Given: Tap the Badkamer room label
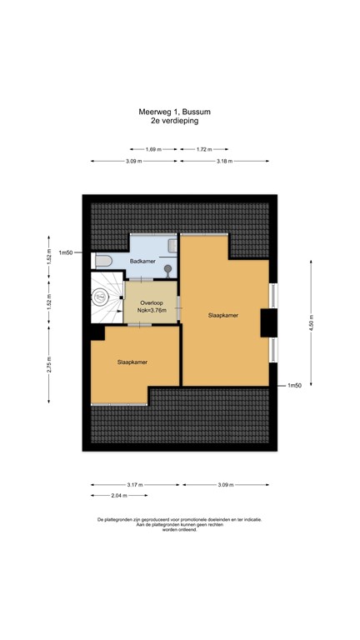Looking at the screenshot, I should [x=142, y=262].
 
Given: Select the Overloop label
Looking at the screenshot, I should [x=152, y=302].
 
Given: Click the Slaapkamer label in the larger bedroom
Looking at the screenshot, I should [x=224, y=315].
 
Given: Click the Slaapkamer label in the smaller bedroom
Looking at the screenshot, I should [x=133, y=362].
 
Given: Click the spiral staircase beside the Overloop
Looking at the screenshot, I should [x=106, y=297].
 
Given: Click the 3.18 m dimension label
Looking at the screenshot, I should [x=226, y=161].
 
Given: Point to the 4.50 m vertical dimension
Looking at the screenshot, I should [x=312, y=321].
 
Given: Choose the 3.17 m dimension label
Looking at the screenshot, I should [x=135, y=484].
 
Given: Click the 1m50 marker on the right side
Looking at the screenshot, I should [x=293, y=386].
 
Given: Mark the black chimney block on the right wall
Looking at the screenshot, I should [x=270, y=322].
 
